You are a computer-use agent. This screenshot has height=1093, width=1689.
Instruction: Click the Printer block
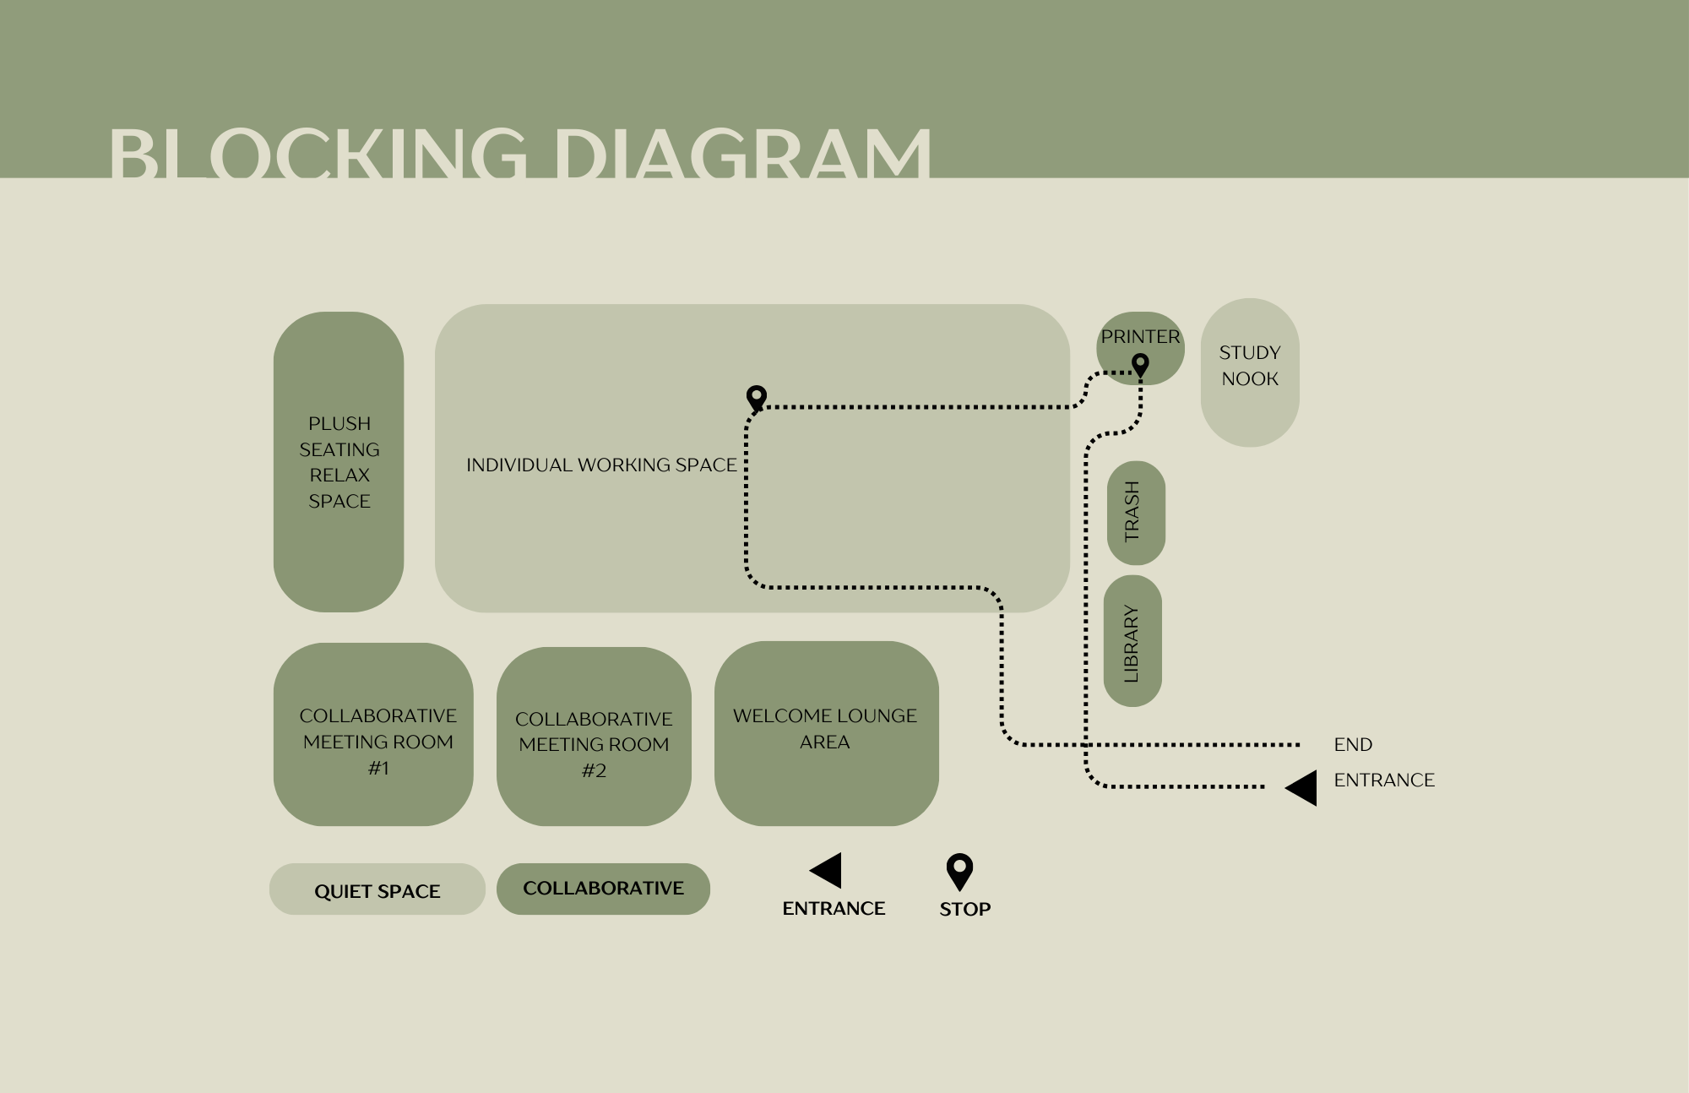pos(1140,338)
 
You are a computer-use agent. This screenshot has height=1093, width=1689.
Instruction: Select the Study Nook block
pos(1250,372)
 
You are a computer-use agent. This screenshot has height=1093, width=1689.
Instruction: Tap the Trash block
pos(1135,513)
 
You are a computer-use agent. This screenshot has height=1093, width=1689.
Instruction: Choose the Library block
pos(1132,642)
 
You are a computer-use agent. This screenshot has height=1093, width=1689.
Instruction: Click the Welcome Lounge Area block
pos(826,732)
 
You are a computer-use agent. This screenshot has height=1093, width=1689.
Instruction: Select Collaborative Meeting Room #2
pos(594,737)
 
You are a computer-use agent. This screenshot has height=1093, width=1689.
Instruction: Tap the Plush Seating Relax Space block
pos(339,462)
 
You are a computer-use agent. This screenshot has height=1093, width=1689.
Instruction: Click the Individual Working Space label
pos(601,465)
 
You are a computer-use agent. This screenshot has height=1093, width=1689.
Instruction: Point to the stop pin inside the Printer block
pos(1140,365)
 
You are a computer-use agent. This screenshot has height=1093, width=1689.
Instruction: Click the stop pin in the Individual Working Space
pos(757,397)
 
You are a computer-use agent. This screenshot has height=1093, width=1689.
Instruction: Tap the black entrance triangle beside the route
pos(1302,787)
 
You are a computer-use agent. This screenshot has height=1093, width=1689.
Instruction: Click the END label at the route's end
pos(1353,744)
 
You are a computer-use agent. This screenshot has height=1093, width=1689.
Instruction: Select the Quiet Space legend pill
pos(377,889)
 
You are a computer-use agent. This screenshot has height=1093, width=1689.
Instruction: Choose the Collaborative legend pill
pos(603,889)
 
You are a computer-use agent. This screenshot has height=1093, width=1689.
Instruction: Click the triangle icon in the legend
pos(827,870)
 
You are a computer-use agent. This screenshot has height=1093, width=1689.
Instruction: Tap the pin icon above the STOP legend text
pos(959,871)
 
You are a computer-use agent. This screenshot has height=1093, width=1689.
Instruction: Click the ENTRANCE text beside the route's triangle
pos(1384,780)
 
